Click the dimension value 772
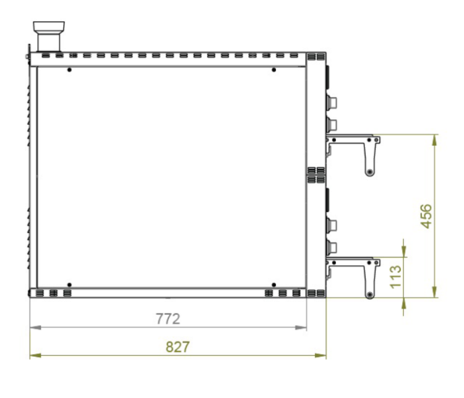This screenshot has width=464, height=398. (168, 319)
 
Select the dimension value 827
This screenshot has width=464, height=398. (178, 347)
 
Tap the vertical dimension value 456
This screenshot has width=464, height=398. (426, 216)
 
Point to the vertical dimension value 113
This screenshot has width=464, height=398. (396, 277)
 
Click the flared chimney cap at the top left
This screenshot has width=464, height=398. (49, 26)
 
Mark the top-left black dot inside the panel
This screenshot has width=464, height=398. (69, 70)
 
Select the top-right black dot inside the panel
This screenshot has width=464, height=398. (273, 70)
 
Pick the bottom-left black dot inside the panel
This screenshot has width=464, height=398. (69, 285)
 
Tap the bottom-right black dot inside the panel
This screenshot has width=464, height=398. (273, 285)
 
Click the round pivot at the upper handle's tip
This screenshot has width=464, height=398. (369, 172)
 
